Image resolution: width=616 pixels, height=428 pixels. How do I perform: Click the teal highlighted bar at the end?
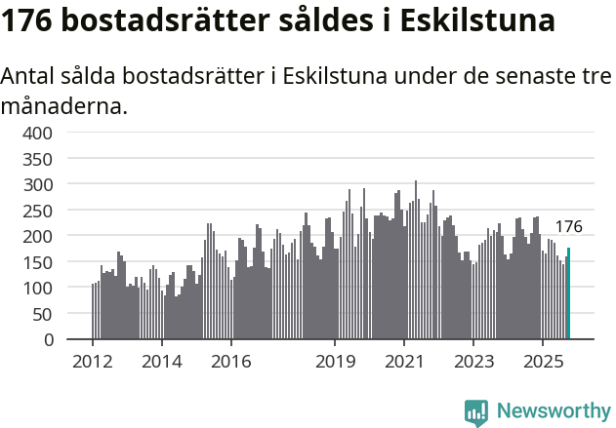569,294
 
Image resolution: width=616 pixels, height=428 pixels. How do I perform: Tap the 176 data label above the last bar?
568,227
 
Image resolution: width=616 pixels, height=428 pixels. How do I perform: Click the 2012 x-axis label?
93,362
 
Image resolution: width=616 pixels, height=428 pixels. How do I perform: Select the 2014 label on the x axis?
162,362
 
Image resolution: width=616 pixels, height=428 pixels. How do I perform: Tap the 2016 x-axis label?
230,362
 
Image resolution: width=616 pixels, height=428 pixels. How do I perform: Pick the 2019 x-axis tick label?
335,362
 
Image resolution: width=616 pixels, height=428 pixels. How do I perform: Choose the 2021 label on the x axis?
403,362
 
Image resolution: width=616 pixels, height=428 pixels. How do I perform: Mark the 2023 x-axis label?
472,362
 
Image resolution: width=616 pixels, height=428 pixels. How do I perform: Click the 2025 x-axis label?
542,362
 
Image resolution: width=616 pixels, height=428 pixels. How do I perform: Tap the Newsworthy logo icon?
476,412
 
